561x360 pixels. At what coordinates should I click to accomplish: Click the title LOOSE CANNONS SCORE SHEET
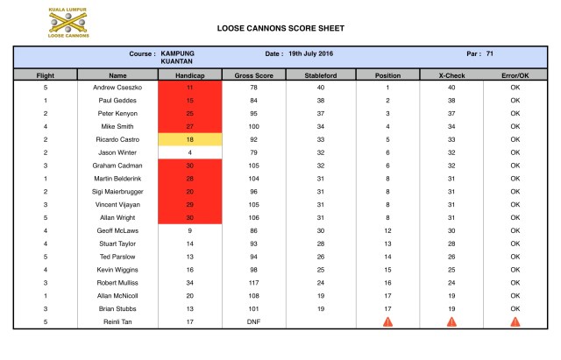(280, 28)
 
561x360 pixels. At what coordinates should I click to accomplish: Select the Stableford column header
(321, 76)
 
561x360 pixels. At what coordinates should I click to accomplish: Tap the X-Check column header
(451, 76)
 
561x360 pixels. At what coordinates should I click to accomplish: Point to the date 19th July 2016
(312, 53)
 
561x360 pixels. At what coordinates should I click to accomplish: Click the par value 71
(490, 53)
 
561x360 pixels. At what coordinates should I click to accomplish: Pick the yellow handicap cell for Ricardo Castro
(190, 139)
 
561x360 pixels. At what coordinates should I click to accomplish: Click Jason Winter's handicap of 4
(190, 152)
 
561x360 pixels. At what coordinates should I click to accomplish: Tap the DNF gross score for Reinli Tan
(255, 321)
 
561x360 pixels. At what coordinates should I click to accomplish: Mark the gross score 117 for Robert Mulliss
(255, 282)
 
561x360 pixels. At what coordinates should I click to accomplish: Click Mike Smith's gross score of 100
(255, 126)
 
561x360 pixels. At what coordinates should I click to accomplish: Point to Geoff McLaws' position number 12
(387, 230)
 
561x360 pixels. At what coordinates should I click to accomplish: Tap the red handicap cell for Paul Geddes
(190, 101)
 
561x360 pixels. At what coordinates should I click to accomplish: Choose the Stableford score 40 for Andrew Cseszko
(321, 88)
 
